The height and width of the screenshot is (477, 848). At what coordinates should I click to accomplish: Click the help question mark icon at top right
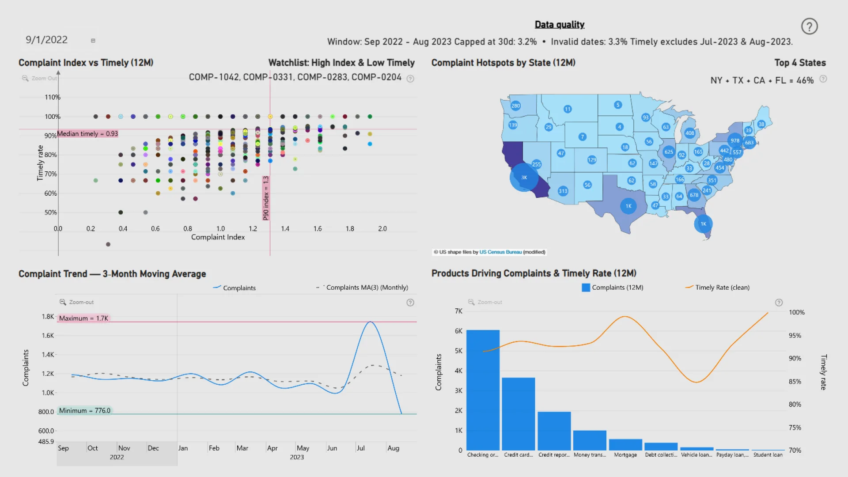click(x=809, y=26)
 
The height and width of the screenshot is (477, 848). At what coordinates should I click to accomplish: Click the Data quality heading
click(x=559, y=25)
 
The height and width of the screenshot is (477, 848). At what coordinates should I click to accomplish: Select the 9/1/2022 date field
click(x=47, y=40)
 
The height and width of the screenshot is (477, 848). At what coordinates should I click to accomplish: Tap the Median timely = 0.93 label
click(x=87, y=133)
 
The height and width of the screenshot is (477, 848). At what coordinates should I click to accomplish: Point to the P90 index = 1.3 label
click(x=266, y=198)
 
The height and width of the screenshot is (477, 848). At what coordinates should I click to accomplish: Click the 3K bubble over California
click(x=524, y=178)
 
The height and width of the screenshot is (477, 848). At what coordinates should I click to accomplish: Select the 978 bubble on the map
click(x=734, y=141)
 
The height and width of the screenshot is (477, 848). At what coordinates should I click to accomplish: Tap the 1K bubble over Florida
click(x=703, y=224)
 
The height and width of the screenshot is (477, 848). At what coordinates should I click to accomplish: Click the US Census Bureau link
click(x=500, y=252)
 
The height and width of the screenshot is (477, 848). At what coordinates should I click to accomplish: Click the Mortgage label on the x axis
click(x=625, y=455)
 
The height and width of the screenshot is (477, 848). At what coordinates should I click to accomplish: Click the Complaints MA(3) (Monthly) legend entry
click(x=367, y=288)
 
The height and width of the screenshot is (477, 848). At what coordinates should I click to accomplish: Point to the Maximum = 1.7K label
click(x=83, y=318)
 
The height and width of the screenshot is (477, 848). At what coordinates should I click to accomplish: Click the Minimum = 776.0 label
click(x=84, y=411)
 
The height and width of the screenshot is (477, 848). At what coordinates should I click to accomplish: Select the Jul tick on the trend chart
click(x=361, y=448)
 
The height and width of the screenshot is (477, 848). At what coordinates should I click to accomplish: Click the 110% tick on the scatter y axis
click(x=52, y=97)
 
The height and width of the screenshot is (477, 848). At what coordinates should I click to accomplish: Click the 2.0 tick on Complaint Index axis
click(x=382, y=229)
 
